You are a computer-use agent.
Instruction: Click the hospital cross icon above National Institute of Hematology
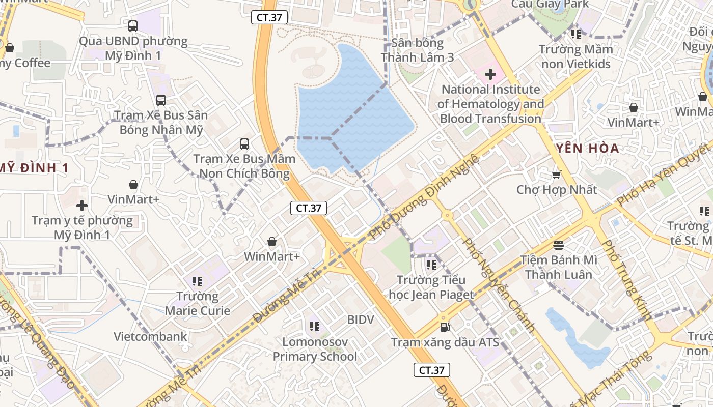490,75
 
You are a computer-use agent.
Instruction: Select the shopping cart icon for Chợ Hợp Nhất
556,175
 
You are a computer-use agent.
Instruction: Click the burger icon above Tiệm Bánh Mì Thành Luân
559,245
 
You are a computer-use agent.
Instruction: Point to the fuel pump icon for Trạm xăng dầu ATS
445,327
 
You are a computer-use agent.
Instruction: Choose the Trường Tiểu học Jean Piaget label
431,287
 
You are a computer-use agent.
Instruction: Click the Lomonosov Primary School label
315,349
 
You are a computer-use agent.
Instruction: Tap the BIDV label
361,320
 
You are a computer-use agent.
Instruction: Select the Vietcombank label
150,336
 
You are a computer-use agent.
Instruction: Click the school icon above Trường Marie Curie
198,281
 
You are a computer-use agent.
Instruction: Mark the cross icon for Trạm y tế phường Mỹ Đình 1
82,206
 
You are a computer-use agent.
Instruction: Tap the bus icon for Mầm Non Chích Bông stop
244,144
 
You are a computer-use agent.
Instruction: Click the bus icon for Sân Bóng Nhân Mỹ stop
161,100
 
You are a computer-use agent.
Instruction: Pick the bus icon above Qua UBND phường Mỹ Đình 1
133,25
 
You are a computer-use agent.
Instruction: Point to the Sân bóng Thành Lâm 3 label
418,50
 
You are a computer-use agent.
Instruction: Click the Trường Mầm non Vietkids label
576,57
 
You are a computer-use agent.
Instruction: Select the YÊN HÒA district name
586,149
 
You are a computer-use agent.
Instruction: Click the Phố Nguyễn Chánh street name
499,285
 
